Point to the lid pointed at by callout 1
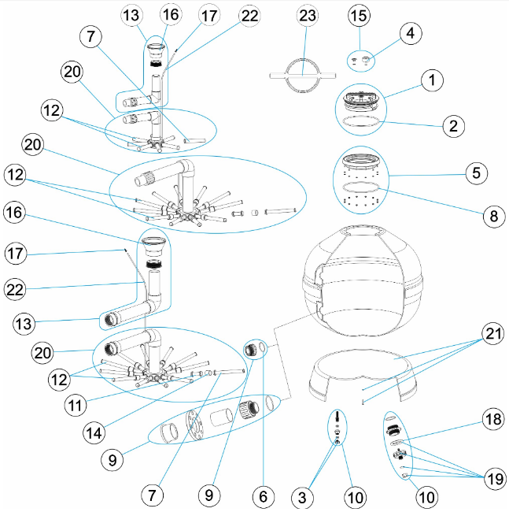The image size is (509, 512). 363,101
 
